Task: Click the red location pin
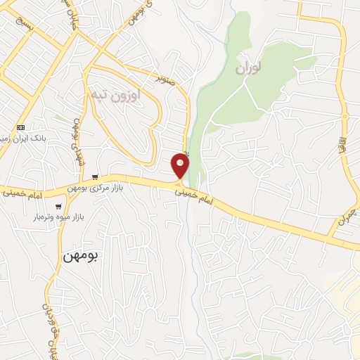[180, 166]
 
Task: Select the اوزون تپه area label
[115, 93]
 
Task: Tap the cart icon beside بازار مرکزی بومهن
[94, 177]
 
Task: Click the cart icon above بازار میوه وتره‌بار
[58, 207]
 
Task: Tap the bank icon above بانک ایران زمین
[21, 127]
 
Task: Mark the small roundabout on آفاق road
[345, 115]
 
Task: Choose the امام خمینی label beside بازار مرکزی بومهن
[26, 190]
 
